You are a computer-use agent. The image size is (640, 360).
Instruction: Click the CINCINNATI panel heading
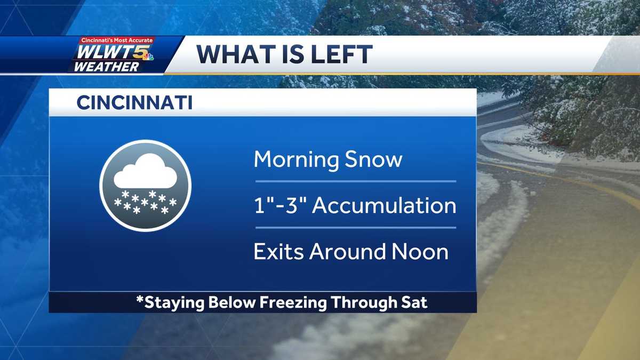point(134,103)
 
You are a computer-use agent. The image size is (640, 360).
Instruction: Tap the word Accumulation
point(384,205)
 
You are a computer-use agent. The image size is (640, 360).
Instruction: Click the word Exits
point(277,251)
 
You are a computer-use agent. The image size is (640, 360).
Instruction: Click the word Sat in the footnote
point(415,302)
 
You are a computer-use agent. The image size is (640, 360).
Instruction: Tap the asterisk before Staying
point(140,300)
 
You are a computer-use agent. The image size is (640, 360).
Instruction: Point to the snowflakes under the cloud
point(145,203)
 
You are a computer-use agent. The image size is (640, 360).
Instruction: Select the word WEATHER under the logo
point(106,67)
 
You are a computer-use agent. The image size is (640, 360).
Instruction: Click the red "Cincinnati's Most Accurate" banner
point(117,41)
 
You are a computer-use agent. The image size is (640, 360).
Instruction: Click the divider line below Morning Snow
point(356,181)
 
